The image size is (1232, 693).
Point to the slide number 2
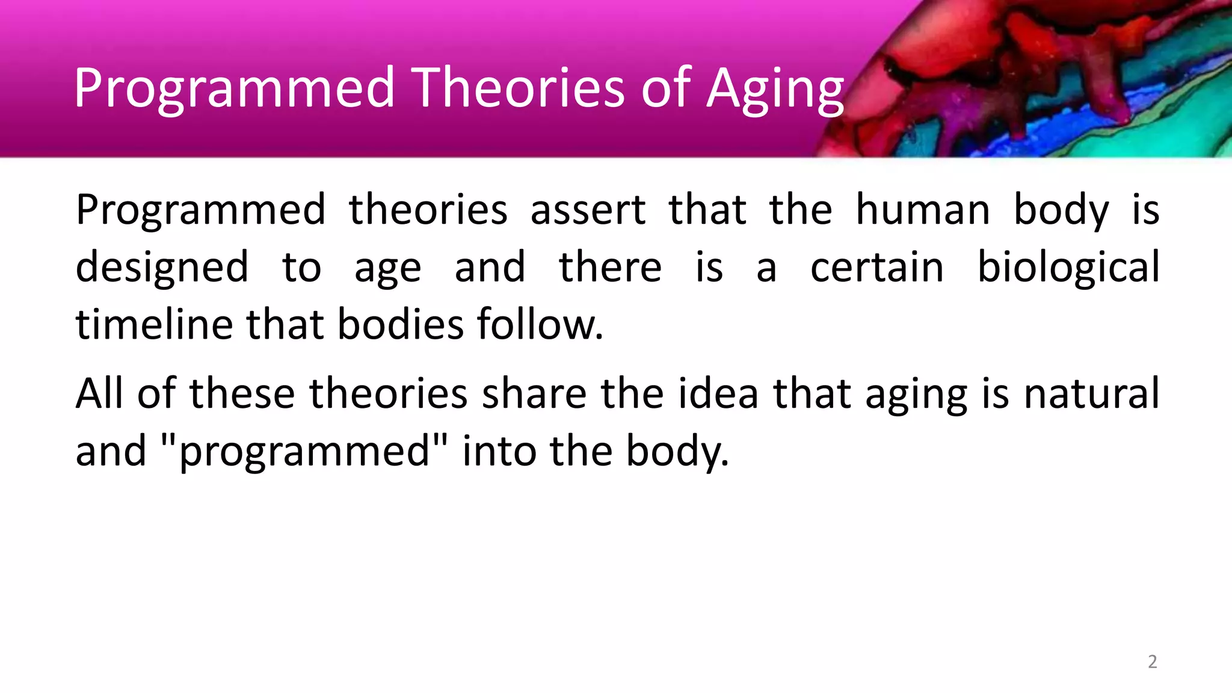(x=1152, y=662)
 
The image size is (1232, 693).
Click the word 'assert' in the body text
(x=588, y=211)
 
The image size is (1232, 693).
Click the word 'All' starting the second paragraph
(x=100, y=393)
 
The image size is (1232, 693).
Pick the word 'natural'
(x=1091, y=393)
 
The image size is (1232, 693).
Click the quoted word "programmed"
(x=305, y=451)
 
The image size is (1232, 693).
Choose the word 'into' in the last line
(x=499, y=451)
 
